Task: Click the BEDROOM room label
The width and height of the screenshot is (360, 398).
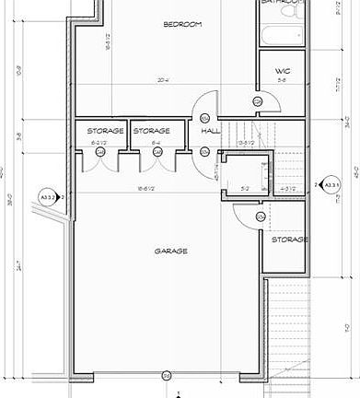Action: point(182,24)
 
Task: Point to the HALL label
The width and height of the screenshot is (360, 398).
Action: point(209,132)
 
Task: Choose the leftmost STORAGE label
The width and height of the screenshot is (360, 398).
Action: point(106,132)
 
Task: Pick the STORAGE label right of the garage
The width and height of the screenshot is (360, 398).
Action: point(288,240)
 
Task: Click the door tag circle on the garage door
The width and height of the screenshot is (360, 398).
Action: point(167,375)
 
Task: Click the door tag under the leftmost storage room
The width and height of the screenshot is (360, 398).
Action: point(99,152)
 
